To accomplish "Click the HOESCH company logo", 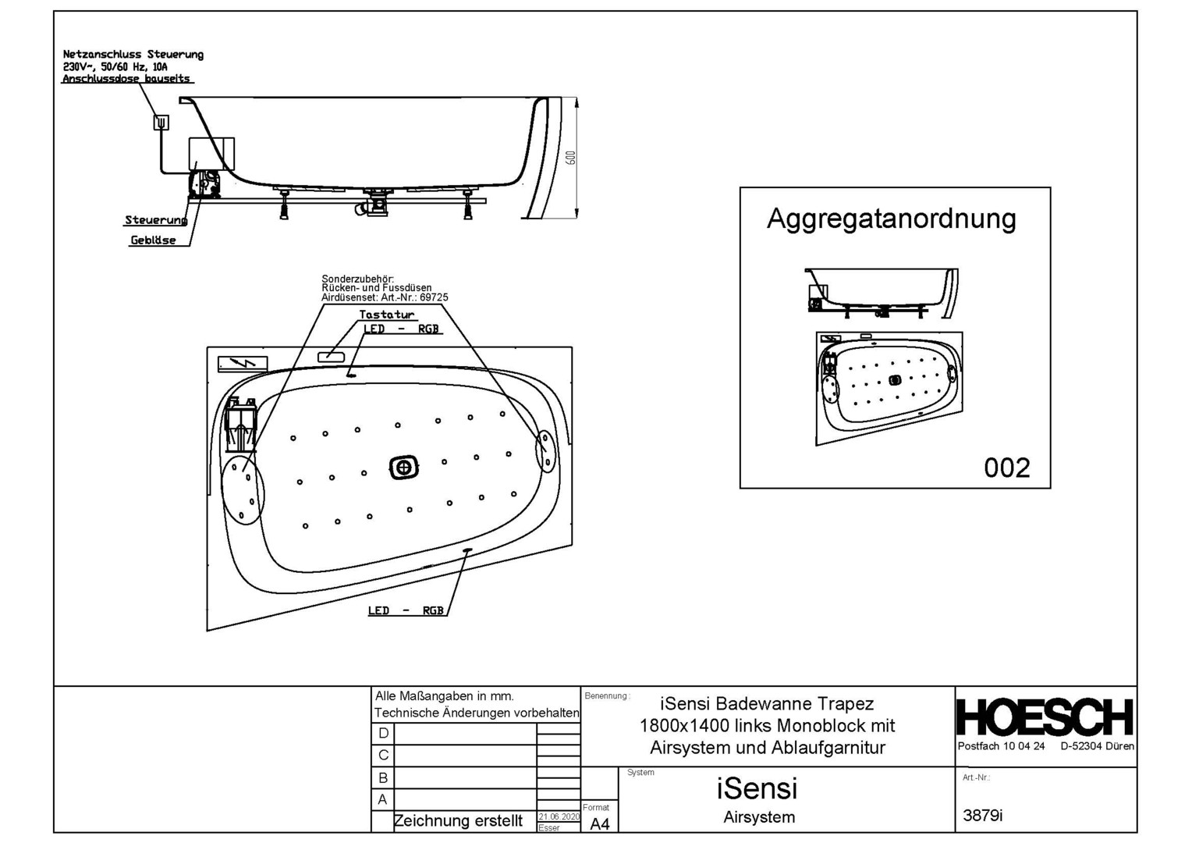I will coord(1045,717).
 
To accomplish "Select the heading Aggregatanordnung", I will coord(891,219).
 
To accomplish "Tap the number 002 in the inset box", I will coord(1006,468).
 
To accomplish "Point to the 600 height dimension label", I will coord(571,158).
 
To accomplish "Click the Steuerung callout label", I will coord(155,220).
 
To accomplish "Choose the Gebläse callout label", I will coord(153,240).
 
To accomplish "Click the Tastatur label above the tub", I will coord(386,315).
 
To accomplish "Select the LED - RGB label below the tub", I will coord(406,610).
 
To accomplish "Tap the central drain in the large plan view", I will coord(404,468).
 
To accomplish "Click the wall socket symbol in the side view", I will coord(161,122).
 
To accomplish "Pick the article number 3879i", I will coord(982,816).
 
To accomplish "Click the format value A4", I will coord(599,824).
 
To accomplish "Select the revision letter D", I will coord(383,734).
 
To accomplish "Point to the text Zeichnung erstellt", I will coord(458,821).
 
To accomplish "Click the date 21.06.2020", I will coord(559,816).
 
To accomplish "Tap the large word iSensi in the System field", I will coord(757,788).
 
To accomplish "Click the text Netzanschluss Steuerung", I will coord(133,55).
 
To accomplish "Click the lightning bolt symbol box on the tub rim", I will coord(243,364).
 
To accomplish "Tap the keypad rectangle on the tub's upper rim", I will coord(331,357).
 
